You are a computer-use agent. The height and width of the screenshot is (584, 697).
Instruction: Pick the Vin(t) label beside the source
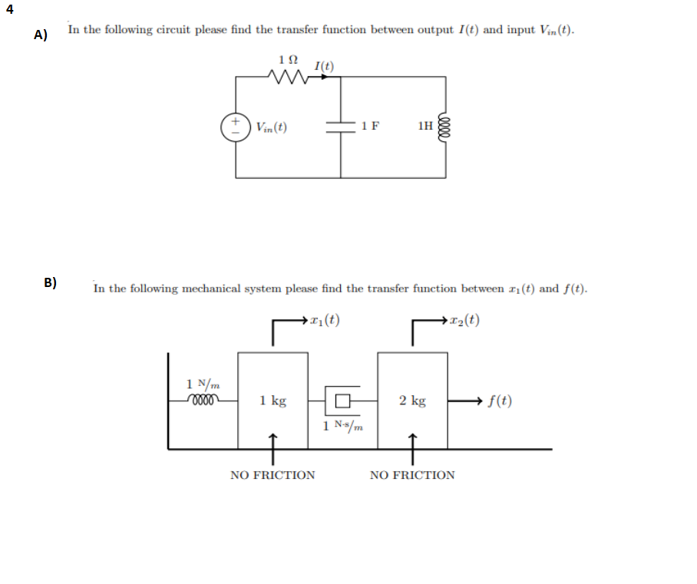(x=271, y=127)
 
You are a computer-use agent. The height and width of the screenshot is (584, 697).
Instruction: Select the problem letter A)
(x=41, y=35)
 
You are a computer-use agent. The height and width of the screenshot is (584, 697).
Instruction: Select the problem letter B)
(x=50, y=282)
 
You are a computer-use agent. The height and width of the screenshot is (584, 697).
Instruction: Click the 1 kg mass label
(x=273, y=401)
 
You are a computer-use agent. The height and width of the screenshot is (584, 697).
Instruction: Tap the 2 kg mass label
(x=412, y=401)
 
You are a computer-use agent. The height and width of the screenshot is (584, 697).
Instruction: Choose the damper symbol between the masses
(x=342, y=400)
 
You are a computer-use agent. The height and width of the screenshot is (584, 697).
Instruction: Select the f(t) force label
(x=500, y=401)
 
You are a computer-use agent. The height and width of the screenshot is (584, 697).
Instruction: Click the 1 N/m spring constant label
(x=201, y=382)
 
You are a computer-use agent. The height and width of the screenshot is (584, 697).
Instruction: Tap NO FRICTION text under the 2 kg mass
(x=412, y=475)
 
